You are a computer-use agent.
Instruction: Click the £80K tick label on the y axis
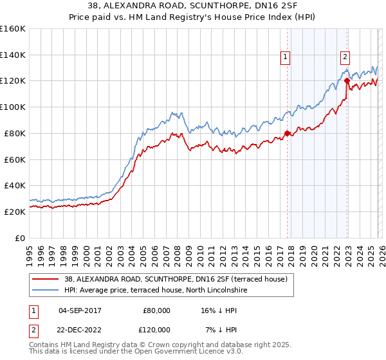point(13,133)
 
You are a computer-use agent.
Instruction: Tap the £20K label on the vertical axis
point(13,212)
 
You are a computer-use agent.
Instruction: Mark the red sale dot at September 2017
point(287,134)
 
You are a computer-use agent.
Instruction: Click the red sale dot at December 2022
point(347,81)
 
